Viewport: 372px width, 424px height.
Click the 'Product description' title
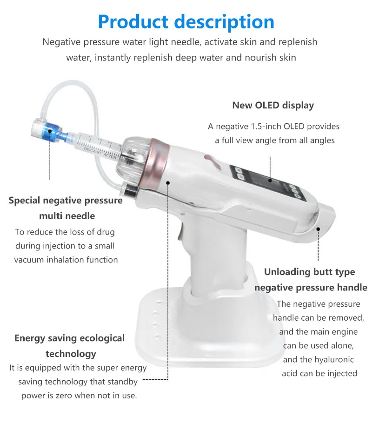pos(186,21)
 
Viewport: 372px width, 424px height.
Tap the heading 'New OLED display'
pos(273,105)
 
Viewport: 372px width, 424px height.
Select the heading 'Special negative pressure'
pos(66,201)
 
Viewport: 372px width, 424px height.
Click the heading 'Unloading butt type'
pos(309,272)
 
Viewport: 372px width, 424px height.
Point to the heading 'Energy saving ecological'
pos(70,338)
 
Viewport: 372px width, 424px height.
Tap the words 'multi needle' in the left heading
pos(67,216)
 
